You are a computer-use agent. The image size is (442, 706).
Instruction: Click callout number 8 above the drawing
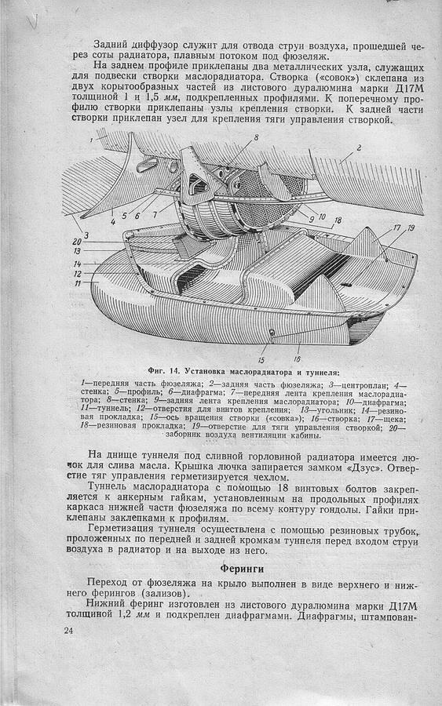(x=256, y=137)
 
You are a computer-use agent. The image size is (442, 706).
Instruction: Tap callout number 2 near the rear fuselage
(x=359, y=147)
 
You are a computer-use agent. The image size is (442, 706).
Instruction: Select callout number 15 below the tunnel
(x=261, y=360)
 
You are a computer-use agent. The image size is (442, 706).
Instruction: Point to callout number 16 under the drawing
(x=297, y=358)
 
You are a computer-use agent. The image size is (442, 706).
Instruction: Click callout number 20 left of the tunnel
(x=77, y=242)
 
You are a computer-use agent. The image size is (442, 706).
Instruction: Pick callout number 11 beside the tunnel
(x=77, y=283)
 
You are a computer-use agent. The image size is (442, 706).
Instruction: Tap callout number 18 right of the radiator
(x=337, y=220)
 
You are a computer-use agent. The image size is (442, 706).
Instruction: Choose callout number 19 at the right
(x=411, y=227)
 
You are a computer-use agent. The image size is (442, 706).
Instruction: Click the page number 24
(x=68, y=631)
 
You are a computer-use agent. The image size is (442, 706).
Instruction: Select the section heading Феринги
(x=242, y=569)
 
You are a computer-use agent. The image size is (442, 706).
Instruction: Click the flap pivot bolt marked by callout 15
(x=272, y=333)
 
